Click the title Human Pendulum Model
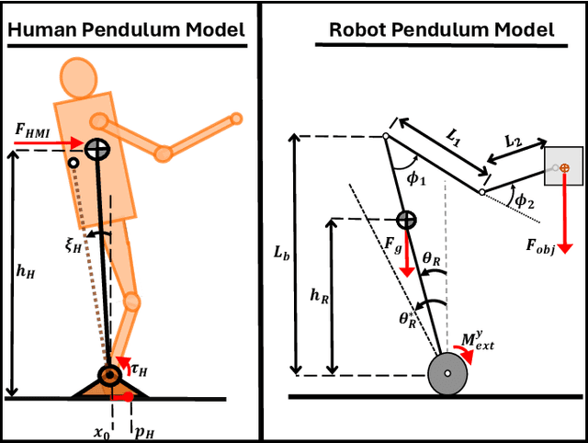[x=127, y=30]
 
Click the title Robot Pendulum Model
[x=441, y=30]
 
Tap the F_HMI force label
[x=34, y=131]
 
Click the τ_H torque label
[x=139, y=369]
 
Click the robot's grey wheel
[x=447, y=374]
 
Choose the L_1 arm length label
[x=454, y=133]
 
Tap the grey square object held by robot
[x=562, y=166]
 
